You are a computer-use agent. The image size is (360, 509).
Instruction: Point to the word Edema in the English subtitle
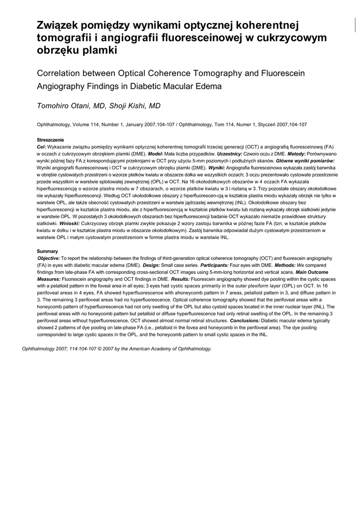coord(192,85)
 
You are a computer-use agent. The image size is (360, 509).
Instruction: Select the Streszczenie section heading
coord(51,140)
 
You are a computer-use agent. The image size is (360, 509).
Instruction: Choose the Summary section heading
coord(47,252)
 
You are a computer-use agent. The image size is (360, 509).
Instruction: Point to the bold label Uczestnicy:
coord(228,154)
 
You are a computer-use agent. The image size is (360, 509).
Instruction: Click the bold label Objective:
coord(49,258)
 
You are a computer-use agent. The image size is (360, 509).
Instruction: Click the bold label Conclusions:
coord(241,321)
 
